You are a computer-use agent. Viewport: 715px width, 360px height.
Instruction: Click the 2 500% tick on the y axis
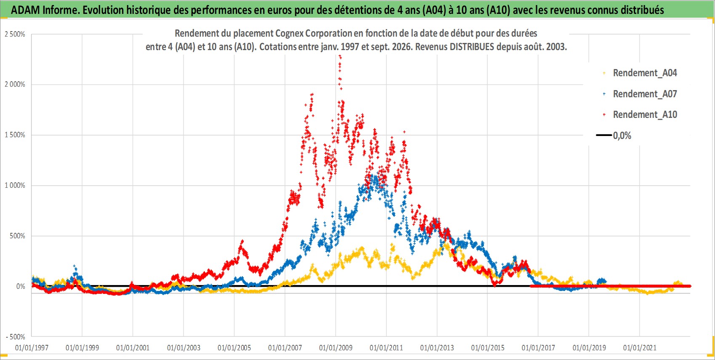pos(15,34)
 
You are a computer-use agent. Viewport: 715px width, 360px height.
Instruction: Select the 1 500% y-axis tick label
pos(15,135)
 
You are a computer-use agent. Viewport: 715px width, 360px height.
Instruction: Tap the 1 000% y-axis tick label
pos(15,185)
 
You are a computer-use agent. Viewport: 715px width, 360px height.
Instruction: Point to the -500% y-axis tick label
pos(15,337)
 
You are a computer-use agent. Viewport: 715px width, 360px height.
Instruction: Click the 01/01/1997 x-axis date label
pos(32,348)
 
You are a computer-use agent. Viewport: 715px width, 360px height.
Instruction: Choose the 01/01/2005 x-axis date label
pos(234,348)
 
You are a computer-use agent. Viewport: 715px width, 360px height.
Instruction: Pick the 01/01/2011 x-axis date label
pos(386,348)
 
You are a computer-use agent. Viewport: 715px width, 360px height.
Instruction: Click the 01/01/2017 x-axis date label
pos(538,348)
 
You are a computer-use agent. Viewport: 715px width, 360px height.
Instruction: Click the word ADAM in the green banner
pos(25,10)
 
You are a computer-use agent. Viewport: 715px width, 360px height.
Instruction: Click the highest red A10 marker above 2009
pos(340,56)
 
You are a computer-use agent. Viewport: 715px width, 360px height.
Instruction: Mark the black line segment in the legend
pos(603,135)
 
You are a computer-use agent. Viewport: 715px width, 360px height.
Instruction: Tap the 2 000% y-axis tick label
pos(15,85)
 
